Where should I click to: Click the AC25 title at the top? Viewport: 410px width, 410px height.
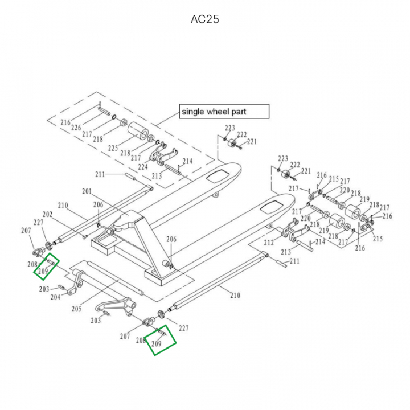coord(205,19)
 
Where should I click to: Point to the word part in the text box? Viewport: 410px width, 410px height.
coord(239,112)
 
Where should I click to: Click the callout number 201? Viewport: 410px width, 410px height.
coord(87,191)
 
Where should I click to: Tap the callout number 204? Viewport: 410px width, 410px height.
coord(55,297)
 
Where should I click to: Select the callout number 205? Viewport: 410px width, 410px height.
coord(76,309)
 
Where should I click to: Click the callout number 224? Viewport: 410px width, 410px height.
coord(142,167)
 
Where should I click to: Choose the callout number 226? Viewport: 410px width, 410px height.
coord(76,128)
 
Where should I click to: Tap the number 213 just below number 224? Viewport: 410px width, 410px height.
coord(157,176)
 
